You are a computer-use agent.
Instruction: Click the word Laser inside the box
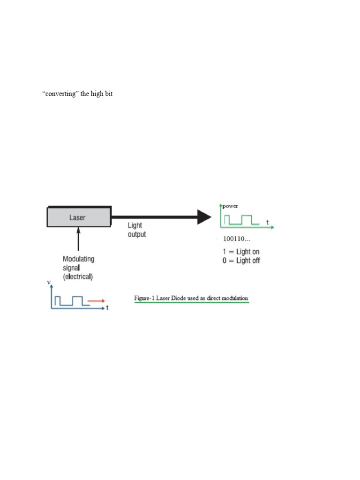point(77,217)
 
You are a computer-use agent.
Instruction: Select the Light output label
point(136,230)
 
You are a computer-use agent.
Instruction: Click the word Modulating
point(78,259)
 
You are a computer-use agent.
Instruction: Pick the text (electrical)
point(78,277)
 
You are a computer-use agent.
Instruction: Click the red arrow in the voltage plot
point(96,301)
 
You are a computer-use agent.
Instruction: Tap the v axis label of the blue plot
point(49,282)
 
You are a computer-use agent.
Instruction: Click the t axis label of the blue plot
point(107,308)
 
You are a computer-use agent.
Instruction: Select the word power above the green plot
point(230,206)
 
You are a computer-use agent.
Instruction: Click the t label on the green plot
point(267,223)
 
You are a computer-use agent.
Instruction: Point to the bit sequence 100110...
point(237,239)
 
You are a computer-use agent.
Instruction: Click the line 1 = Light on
point(241,252)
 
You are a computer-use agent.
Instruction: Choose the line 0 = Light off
point(241,261)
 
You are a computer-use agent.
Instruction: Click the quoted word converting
point(60,94)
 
